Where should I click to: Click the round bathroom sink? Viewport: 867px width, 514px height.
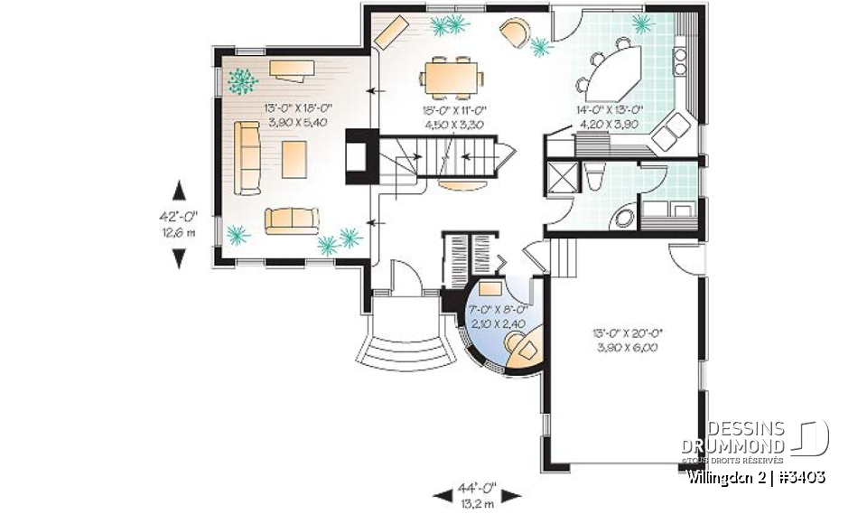pyautogui.click(x=622, y=218)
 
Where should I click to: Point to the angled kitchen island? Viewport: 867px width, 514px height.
pyautogui.click(x=614, y=72)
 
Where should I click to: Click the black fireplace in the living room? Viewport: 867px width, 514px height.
pyautogui.click(x=356, y=157)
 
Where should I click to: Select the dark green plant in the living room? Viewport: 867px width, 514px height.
pyautogui.click(x=241, y=81)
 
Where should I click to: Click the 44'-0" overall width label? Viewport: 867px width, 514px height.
pyautogui.click(x=478, y=487)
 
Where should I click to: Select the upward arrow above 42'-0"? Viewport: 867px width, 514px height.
pyautogui.click(x=179, y=192)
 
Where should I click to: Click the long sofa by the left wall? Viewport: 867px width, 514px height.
pyautogui.click(x=246, y=157)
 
